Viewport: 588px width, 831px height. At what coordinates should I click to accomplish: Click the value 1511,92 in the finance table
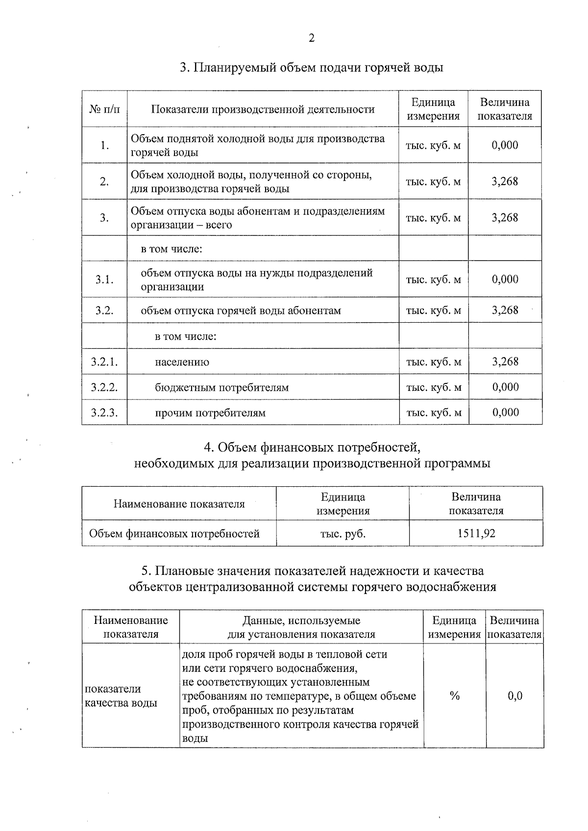pos(476,533)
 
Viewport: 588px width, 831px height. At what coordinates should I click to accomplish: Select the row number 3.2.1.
pos(104,362)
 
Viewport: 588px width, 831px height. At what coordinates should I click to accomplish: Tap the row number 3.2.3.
pos(104,412)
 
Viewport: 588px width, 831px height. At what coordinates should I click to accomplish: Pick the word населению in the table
pos(182,362)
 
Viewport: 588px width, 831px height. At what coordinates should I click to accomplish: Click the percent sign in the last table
pos(454,695)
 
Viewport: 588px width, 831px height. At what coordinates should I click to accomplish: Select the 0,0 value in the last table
pos(515,695)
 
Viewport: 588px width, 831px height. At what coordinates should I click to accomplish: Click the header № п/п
pos(104,109)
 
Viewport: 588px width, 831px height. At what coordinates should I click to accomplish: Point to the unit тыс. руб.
pos(343,533)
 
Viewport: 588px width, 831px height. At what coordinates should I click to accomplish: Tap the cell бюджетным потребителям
pos(221,387)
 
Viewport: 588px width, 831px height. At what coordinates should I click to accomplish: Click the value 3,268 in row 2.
pos(505,181)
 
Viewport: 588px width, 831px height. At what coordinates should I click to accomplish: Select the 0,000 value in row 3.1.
pos(505,279)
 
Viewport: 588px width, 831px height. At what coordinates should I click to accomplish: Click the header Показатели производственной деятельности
pos(263,109)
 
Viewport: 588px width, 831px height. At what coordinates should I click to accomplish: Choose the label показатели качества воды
pos(121,695)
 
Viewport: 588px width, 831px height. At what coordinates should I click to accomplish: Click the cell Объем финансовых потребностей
pos(174,533)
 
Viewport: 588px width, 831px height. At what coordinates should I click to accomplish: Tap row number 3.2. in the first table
pos(104,310)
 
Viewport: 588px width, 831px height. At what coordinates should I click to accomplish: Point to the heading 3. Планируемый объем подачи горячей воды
pos(311,68)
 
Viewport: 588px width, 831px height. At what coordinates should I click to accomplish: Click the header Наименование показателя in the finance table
pos(179,503)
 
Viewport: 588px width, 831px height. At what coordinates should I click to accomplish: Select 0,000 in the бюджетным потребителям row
pos(505,387)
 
